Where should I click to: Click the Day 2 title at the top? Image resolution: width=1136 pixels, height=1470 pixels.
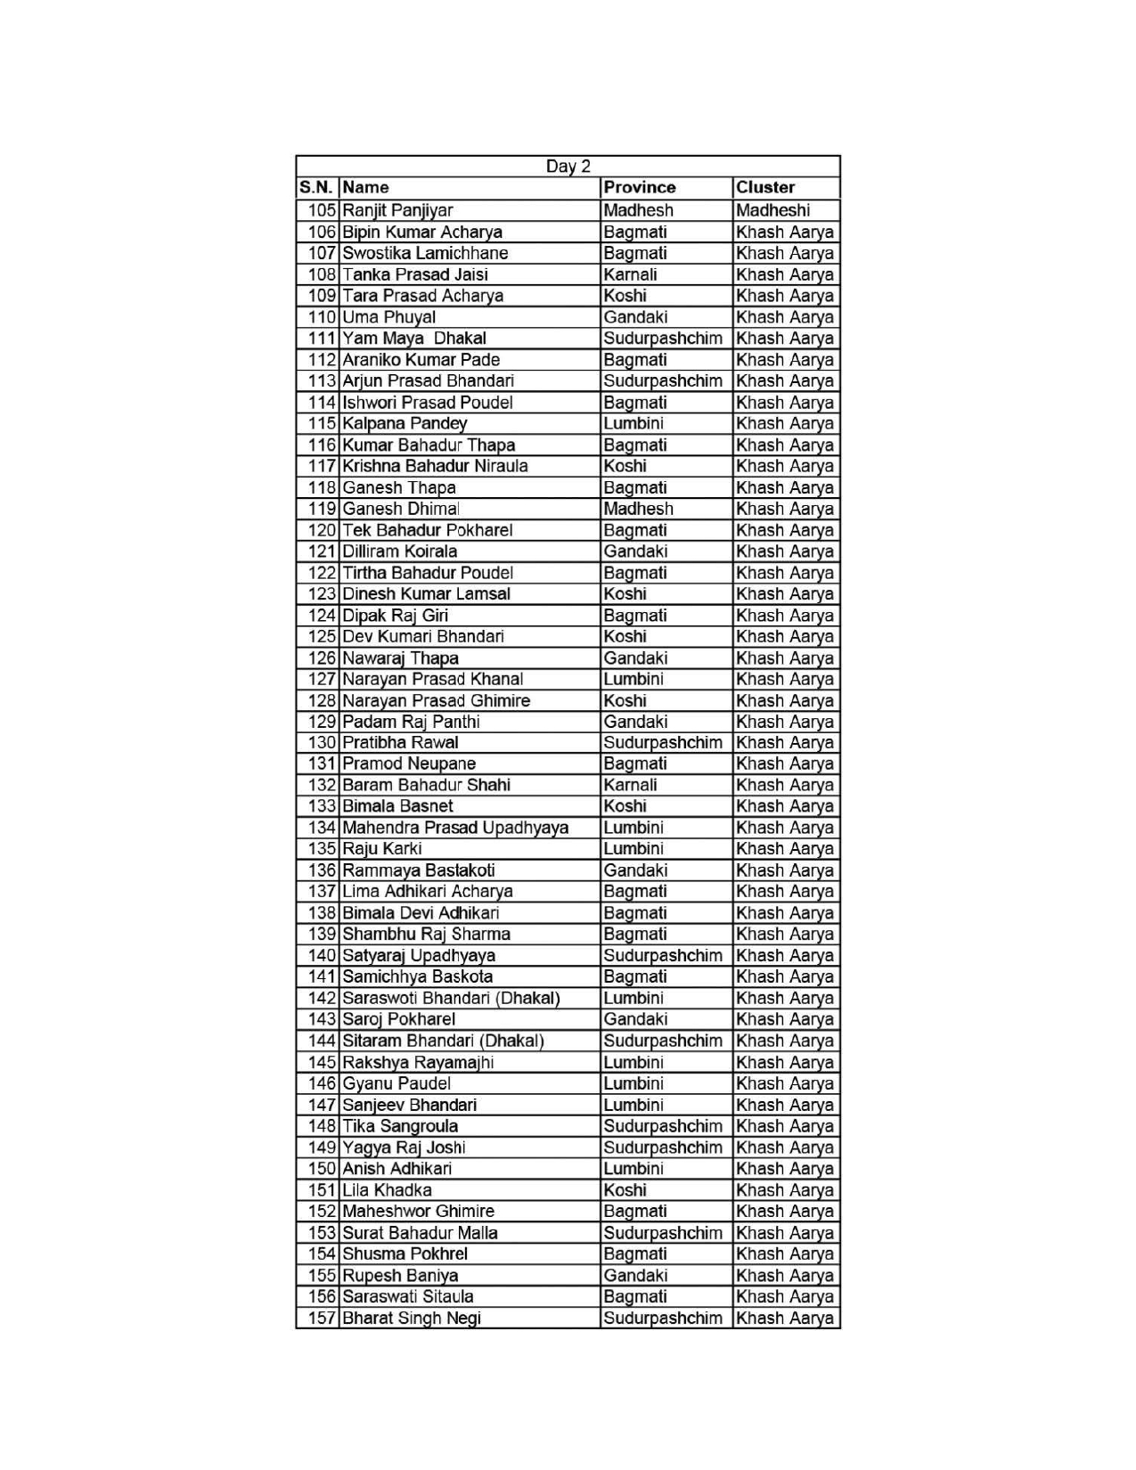(x=568, y=167)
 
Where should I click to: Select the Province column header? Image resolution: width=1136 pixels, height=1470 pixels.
(x=639, y=188)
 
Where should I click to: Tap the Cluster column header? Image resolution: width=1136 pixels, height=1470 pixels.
(x=765, y=188)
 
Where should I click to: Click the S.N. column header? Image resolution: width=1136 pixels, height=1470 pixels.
(x=317, y=188)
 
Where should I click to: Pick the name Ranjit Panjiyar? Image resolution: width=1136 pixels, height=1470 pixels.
(x=397, y=210)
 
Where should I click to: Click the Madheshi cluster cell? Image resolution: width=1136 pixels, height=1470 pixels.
(x=772, y=210)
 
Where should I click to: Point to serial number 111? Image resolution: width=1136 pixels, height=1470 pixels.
(x=322, y=339)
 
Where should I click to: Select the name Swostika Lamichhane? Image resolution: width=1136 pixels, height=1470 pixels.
(x=425, y=253)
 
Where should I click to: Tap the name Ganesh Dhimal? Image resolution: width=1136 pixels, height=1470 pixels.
(x=400, y=509)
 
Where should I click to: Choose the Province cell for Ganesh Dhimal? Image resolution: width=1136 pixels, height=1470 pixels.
(x=638, y=509)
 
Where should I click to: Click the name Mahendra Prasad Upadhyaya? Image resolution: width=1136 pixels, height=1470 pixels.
(x=455, y=828)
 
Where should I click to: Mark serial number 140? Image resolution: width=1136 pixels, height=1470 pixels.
(x=322, y=956)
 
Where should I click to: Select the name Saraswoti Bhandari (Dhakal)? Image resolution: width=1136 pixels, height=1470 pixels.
(x=451, y=998)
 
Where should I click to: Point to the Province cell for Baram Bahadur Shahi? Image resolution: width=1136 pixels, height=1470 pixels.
(x=630, y=785)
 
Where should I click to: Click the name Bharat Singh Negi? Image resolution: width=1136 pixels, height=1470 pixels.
(x=412, y=1318)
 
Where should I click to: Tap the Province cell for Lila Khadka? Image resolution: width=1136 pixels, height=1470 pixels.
(x=625, y=1190)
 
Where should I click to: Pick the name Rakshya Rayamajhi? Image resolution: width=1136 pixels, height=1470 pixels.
(x=418, y=1062)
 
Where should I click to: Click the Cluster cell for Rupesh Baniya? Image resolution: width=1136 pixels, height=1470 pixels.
(x=785, y=1275)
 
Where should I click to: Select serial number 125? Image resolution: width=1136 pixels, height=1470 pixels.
(x=322, y=637)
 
